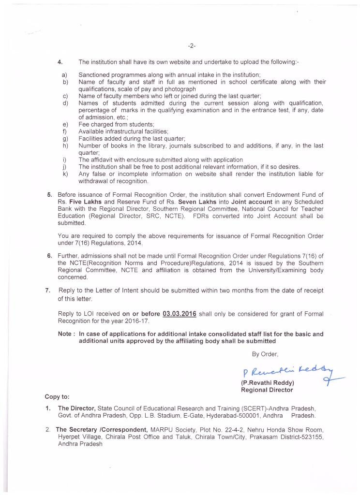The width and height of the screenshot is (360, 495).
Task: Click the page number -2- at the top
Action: pyautogui.click(x=192, y=46)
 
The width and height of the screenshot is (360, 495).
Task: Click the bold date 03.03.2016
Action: pyautogui.click(x=180, y=314)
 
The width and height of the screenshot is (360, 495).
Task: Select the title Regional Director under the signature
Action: pyautogui.click(x=267, y=390)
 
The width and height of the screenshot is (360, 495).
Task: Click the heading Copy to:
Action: pyautogui.click(x=57, y=396)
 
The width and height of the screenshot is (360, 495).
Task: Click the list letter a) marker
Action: pyautogui.click(x=64, y=75)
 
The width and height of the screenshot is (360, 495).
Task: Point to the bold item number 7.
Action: pyautogui.click(x=47, y=290)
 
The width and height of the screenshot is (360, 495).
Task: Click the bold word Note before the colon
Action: pyautogui.click(x=65, y=334)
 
